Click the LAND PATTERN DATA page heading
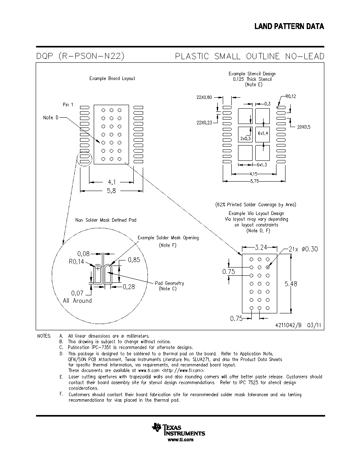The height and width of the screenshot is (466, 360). tap(289, 26)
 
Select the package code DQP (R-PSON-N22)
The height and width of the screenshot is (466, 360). tap(80, 56)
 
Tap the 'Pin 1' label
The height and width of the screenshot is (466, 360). tap(68, 105)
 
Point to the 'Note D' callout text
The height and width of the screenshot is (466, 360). tap(51, 118)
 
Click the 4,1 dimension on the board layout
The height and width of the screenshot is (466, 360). tap(111, 182)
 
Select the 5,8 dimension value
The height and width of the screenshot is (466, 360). tap(111, 191)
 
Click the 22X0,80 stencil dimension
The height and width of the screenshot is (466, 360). tap(204, 97)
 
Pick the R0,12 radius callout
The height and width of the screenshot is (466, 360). tap(291, 96)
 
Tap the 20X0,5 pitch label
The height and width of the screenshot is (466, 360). tap(304, 127)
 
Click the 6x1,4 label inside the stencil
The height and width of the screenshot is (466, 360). tap(263, 133)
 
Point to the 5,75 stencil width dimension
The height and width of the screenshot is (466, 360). tap(255, 181)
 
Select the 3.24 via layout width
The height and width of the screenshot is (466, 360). tap(261, 247)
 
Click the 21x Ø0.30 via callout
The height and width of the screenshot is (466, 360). tap(303, 249)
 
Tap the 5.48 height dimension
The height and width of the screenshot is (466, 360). tap(291, 284)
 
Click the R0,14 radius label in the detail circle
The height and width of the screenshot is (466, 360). tap(76, 262)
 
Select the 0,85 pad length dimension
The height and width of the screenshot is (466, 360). tap(134, 260)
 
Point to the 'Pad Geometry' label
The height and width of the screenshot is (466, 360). tap(169, 283)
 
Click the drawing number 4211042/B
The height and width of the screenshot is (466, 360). tap(288, 325)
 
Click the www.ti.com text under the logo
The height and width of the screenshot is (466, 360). tap(181, 440)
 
